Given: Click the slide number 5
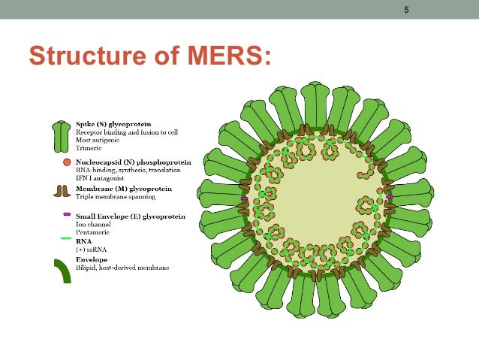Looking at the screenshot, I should pos(407,10).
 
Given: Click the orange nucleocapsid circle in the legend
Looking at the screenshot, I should pos(67,162).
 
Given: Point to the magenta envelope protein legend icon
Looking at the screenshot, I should pos(67,214).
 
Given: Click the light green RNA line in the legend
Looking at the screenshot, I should pos(66,239).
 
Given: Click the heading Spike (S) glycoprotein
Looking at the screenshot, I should pos(116,123).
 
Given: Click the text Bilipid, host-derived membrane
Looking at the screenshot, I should pos(122,268).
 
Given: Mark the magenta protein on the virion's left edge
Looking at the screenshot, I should pos(245,198).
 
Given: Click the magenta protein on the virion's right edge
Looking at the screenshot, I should pos(390,197).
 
